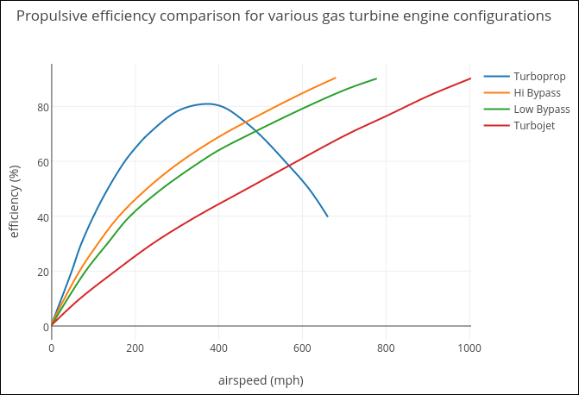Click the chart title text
284,16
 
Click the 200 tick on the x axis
135,348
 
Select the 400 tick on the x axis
219,348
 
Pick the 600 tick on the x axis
303,348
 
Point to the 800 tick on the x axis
387,348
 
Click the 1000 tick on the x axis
470,348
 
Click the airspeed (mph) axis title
261,380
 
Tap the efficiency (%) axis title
14,202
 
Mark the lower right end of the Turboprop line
328,216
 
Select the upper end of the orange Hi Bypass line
336,78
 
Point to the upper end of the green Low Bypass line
376,78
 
